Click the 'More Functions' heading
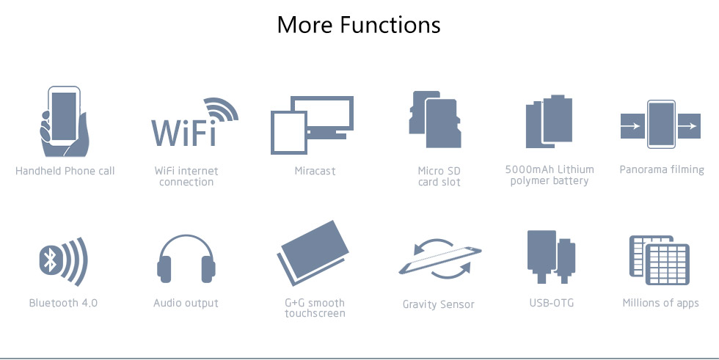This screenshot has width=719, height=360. click(359, 25)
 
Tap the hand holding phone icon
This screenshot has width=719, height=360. click(64, 122)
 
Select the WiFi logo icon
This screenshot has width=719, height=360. click(194, 122)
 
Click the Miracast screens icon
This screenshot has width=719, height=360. click(312, 125)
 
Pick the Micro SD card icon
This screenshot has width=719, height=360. click(435, 119)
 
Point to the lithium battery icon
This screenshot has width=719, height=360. click(549, 122)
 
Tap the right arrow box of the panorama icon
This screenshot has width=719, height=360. click(689, 125)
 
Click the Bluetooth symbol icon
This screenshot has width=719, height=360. click(63, 261)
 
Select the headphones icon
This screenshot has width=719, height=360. click(186, 260)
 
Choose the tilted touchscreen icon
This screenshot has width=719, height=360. click(313, 253)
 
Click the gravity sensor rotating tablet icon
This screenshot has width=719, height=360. click(440, 259)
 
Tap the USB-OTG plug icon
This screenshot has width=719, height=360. click(551, 257)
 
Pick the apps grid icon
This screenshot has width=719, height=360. click(660, 260)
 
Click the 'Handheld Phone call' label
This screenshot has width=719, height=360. click(65, 171)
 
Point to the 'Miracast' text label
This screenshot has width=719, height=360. click(315, 171)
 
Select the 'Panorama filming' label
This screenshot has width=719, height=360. click(662, 169)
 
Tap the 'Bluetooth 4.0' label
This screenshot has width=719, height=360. click(63, 303)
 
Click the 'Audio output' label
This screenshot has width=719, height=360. click(186, 303)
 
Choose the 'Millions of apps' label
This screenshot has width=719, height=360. click(660, 303)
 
